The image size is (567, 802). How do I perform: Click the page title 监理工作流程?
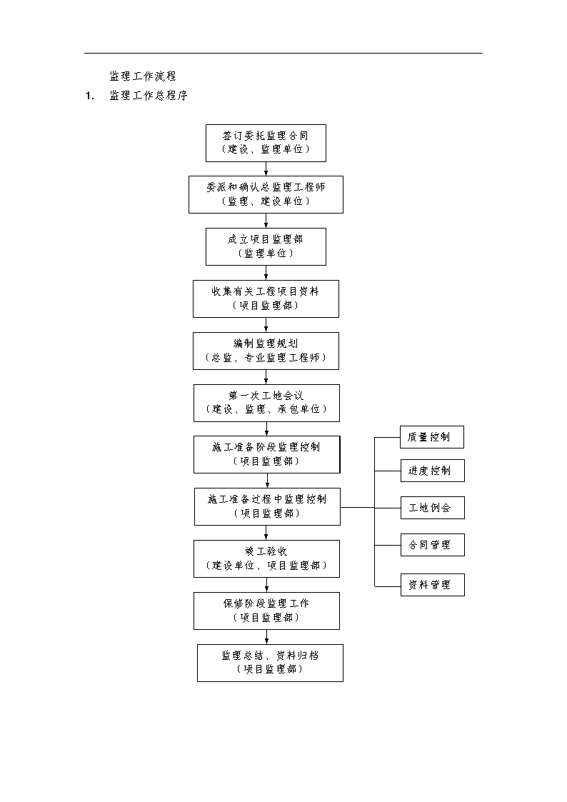coord(143,76)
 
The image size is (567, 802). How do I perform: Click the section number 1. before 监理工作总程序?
coord(90,96)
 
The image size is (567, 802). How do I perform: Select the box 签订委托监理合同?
coord(266,144)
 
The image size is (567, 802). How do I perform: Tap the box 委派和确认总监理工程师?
coord(266,194)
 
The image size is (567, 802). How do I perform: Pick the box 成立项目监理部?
coord(266,246)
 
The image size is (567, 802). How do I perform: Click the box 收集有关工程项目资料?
coord(266,299)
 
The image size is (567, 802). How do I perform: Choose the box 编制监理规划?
coord(266,351)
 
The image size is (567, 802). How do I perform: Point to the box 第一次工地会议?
coord(266,403)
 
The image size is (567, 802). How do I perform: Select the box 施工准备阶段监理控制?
coord(267,455)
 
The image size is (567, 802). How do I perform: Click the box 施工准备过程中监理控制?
coord(267,506)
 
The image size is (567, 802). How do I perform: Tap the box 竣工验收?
coord(266,559)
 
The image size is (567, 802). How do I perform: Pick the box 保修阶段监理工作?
coord(266,611)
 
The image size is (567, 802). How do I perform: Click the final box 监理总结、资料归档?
coord(270,663)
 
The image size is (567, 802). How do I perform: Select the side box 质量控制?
coord(432,437)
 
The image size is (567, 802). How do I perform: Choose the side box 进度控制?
coord(433,471)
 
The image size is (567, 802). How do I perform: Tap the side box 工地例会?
coord(433,507)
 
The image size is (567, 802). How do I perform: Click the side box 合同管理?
coord(433,545)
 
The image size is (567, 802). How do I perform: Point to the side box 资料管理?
coord(433,585)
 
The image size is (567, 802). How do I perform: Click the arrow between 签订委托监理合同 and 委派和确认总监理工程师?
coord(266,169)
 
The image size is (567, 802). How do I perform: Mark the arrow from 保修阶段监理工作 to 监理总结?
coord(266,637)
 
